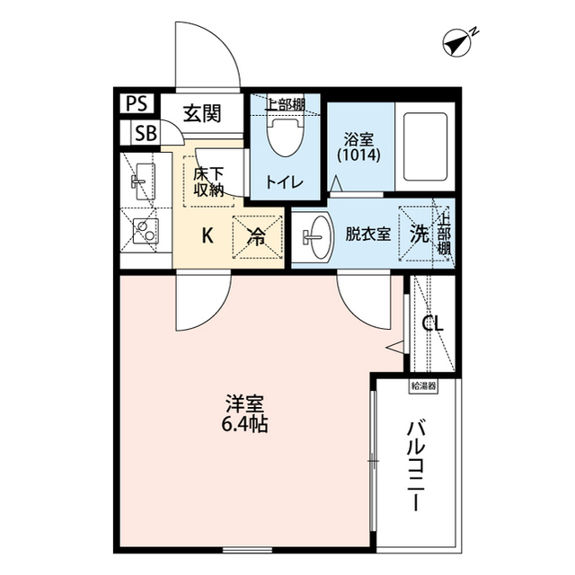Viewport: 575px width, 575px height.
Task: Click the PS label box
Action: click(x=137, y=102)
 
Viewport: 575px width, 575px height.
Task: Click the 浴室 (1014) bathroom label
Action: click(x=359, y=146)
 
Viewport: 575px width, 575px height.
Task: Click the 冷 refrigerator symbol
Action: click(x=257, y=236)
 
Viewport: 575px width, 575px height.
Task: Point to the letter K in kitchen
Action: click(x=207, y=236)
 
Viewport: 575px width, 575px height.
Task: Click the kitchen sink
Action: click(x=141, y=183)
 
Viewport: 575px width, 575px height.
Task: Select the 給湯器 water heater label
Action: click(x=423, y=386)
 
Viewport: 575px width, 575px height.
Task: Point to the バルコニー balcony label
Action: click(x=416, y=464)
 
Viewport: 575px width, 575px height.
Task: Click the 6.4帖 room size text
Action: click(x=244, y=423)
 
